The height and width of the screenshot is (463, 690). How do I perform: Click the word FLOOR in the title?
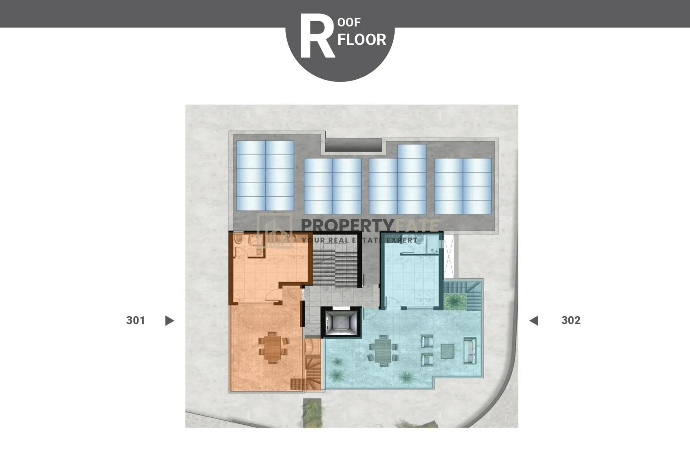(x=362, y=40)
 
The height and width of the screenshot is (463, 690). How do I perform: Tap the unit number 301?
(x=135, y=320)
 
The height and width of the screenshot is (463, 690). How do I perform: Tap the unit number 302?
(x=571, y=320)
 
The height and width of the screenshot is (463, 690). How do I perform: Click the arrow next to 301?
(x=169, y=320)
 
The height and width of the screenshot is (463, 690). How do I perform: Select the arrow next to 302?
(x=534, y=320)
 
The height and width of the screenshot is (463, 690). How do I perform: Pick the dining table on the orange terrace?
(x=272, y=348)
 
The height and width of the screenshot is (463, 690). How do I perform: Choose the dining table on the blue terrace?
(x=383, y=350)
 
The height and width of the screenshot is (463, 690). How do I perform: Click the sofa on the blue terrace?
(x=470, y=351)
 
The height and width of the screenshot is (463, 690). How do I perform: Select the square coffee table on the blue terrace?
(x=447, y=351)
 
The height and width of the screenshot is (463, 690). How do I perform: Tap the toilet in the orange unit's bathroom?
(x=238, y=239)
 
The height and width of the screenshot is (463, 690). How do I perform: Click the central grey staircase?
(x=335, y=263)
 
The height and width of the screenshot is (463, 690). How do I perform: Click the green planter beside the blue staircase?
(x=455, y=301)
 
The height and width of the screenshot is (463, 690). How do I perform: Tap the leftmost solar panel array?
(x=265, y=176)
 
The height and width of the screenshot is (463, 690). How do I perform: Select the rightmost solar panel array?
(x=463, y=186)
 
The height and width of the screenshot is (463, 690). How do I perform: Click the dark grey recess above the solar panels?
(x=353, y=145)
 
